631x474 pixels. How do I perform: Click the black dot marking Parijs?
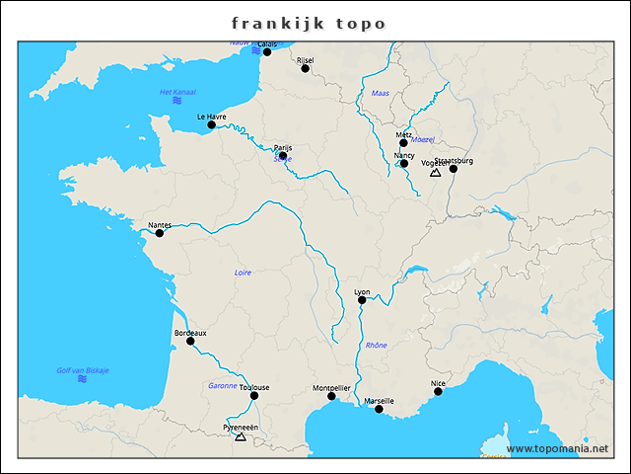283,156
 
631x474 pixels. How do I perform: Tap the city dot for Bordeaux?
190,341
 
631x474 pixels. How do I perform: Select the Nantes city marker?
159,233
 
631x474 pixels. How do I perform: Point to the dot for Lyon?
362,300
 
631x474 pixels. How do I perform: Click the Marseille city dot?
379,409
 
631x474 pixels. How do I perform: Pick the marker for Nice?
438,391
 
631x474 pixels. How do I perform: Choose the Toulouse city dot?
254,396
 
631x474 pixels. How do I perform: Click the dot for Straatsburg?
454,169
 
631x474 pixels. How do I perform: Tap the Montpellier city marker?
331,397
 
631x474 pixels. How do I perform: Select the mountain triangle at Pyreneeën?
241,435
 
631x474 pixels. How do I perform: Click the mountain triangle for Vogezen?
435,172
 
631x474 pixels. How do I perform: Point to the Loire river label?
243,272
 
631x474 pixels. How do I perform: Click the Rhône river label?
377,346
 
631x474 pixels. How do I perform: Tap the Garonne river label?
223,385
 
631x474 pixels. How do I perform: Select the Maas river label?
381,93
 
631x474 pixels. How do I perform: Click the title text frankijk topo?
309,23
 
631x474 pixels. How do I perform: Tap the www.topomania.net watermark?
557,449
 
